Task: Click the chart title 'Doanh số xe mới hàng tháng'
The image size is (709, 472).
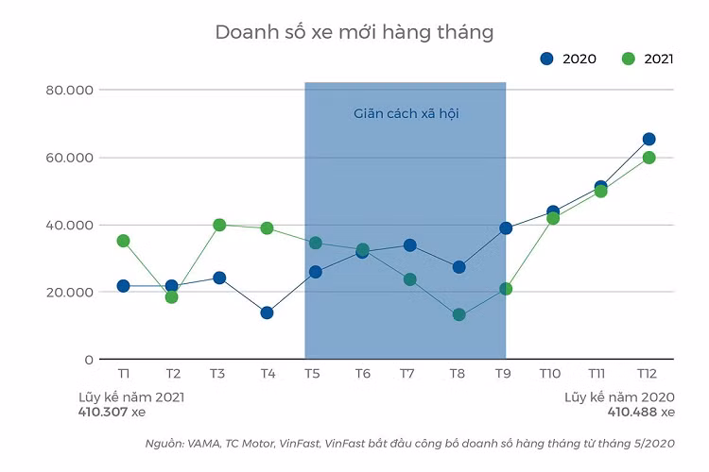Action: tap(354, 31)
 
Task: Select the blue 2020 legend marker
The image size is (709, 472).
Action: tap(546, 59)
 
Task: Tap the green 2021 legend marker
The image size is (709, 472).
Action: tap(629, 59)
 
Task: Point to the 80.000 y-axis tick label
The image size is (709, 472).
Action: tap(68, 90)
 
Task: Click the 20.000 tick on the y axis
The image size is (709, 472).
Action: tap(68, 292)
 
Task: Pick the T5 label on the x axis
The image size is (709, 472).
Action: tap(312, 374)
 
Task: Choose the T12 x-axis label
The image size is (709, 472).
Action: tap(648, 374)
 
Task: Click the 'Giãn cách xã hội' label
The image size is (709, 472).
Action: tap(406, 113)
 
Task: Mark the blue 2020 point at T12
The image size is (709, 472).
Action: tap(648, 139)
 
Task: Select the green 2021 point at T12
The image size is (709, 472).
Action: tap(648, 158)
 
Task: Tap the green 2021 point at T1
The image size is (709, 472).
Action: tap(123, 241)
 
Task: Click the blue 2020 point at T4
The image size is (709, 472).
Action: tap(267, 312)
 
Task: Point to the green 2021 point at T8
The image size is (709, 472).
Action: tap(458, 314)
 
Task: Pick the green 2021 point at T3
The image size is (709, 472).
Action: tap(219, 225)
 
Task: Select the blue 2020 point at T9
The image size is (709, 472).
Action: tap(506, 228)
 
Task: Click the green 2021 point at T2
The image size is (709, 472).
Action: tap(171, 296)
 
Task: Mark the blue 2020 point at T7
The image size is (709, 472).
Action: tap(409, 244)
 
